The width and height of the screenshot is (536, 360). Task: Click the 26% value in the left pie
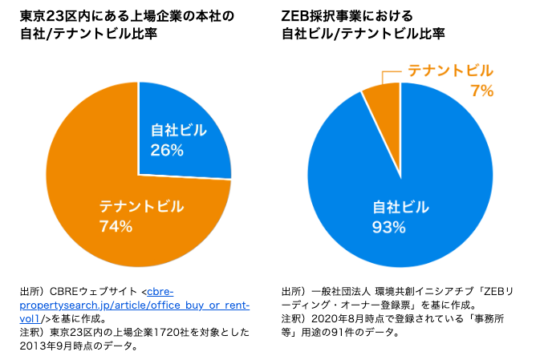pyautogui.click(x=167, y=150)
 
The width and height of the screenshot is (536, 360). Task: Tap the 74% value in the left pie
pyautogui.click(x=116, y=226)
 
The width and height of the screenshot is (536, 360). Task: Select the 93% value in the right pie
pyautogui.click(x=388, y=228)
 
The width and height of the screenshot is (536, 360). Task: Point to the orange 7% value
pyautogui.click(x=481, y=91)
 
